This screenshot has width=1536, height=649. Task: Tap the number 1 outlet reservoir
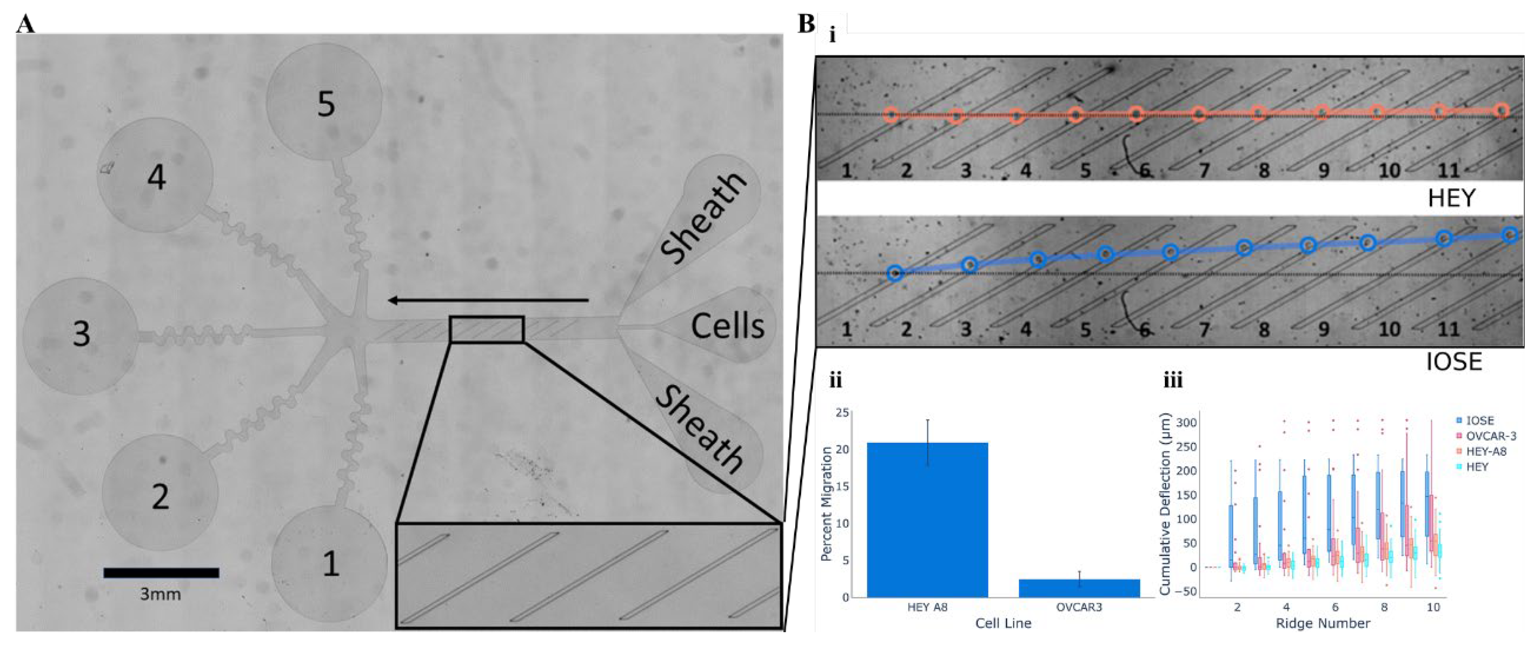pos(330,562)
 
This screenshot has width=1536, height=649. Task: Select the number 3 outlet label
pos(81,333)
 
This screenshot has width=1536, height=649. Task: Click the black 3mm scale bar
pos(161,573)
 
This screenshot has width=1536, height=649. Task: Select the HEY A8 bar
pos(927,519)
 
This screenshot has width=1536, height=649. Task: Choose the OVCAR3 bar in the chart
pos(1079,588)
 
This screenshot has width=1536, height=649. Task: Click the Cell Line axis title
pos(1003,623)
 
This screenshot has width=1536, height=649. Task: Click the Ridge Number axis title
pos(1323,623)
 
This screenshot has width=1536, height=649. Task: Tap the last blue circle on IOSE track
pos(1509,235)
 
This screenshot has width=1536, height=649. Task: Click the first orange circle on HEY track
pos(891,115)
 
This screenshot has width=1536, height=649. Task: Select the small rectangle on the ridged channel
pos(487,329)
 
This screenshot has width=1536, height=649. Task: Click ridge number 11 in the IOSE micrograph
pos(1448,329)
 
